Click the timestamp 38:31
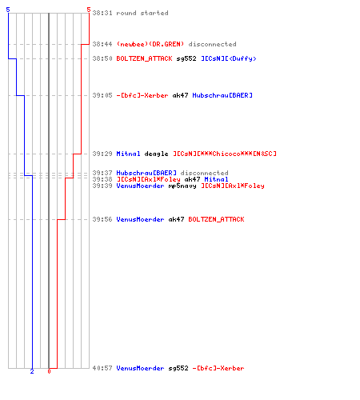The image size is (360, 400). tap(102, 13)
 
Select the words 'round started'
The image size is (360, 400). tap(142, 13)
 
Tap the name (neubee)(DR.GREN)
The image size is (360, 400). tap(150, 44)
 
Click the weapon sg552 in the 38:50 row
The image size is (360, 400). tap(186, 58)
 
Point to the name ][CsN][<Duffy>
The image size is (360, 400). tap(229, 58)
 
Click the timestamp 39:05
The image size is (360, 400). tap(102, 95)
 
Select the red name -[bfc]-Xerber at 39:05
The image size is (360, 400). tap(142, 95)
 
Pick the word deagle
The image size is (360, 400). tap(156, 154)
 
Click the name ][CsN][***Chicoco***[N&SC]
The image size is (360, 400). tap(225, 154)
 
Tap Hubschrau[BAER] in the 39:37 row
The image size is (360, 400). tap(146, 173)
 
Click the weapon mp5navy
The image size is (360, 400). tap(182, 186)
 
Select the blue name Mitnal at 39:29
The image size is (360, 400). tap(128, 154)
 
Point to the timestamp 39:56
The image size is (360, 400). tap(102, 219)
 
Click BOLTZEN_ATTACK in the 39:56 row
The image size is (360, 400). tap(216, 219)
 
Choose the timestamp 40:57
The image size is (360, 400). tap(102, 368)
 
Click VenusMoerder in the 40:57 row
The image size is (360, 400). tap(140, 368)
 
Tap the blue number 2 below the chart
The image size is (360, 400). tap(32, 371)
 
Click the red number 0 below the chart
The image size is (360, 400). tap(49, 371)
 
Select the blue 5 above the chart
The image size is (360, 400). tap(8, 10)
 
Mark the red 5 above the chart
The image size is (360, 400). tap(89, 10)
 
